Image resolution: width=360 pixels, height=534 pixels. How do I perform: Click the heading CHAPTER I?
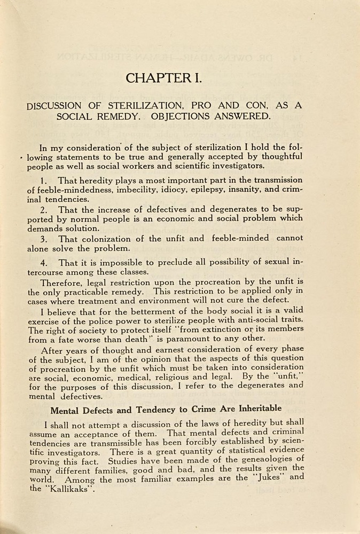(x=164, y=78)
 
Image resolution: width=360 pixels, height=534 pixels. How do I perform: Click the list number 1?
(x=45, y=180)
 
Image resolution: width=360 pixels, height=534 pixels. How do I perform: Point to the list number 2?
(x=45, y=210)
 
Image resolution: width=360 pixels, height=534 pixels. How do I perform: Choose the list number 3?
(x=45, y=239)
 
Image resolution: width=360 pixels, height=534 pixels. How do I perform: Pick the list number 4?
(x=45, y=263)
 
